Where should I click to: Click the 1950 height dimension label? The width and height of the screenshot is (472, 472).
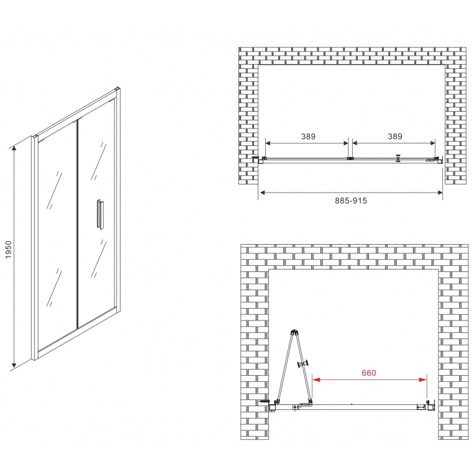click(9, 249)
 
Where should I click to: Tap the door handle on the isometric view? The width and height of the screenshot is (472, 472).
click(100, 214)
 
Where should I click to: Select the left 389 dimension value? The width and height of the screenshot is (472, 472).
click(308, 137)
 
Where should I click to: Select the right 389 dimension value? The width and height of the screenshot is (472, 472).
click(395, 137)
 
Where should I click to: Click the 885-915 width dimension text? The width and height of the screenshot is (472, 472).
click(351, 201)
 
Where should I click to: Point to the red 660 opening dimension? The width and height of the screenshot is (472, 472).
click(369, 373)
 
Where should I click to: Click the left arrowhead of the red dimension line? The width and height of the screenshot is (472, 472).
click(316, 380)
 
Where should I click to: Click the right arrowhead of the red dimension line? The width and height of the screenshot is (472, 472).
click(423, 380)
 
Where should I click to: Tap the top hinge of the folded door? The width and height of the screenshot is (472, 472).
click(294, 332)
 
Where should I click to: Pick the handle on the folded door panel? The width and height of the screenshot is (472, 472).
click(304, 364)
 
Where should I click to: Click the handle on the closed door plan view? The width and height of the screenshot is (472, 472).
click(399, 158)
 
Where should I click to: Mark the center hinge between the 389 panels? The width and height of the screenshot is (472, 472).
click(350, 158)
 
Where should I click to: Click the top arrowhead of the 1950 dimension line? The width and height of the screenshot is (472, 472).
click(14, 148)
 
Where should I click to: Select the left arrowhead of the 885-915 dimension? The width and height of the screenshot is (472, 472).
click(263, 193)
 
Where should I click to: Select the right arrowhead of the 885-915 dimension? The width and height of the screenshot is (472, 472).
click(440, 193)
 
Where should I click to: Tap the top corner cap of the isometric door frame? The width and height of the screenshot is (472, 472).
click(117, 89)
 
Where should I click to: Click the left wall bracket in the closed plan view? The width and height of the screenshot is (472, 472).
click(259, 159)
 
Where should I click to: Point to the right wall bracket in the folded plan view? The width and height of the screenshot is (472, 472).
click(431, 406)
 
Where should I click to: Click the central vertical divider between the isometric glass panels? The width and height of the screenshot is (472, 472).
click(78, 224)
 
